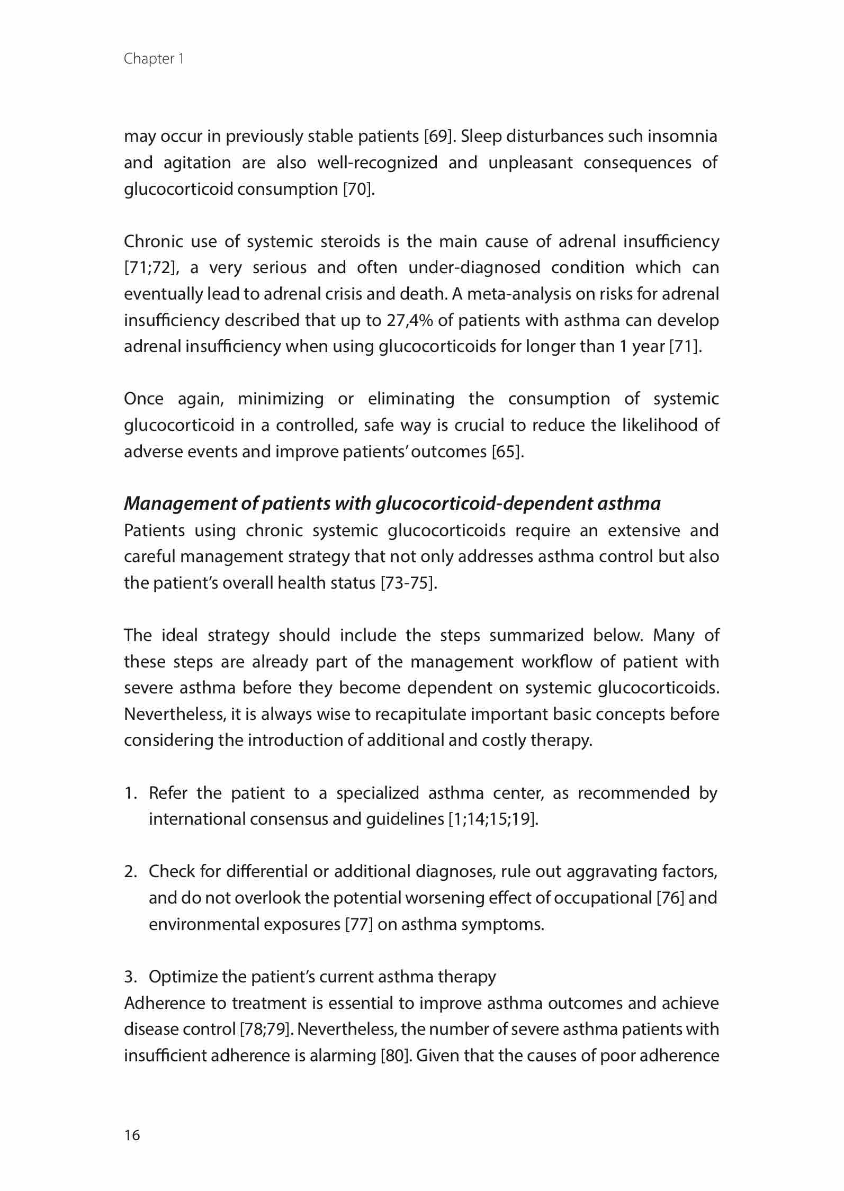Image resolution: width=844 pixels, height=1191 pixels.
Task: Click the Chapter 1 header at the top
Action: [x=154, y=59]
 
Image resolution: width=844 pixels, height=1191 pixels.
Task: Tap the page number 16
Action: [x=132, y=1135]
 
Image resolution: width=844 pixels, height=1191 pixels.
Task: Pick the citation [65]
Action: [x=507, y=452]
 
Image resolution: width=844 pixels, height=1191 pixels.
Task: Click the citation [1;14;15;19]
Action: [x=492, y=819]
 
